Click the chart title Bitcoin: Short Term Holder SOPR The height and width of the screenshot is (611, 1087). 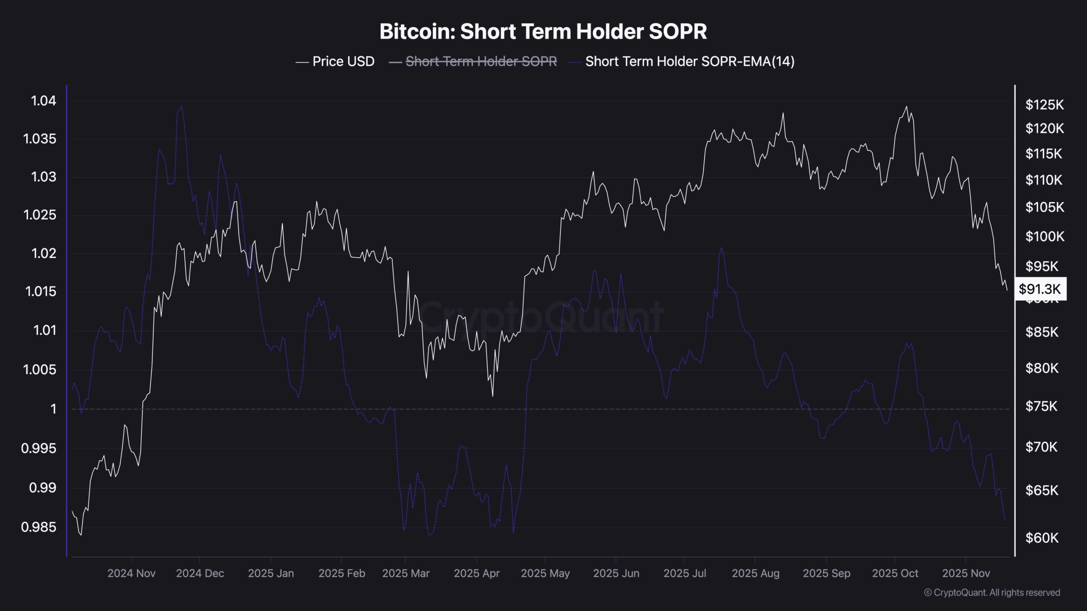point(543,31)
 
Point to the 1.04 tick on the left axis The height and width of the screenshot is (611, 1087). point(43,101)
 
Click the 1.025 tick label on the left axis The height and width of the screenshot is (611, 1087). point(39,215)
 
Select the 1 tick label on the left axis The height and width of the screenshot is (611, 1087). point(53,409)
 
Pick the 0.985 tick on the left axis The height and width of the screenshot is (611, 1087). point(39,527)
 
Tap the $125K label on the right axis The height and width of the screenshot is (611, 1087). point(1045,104)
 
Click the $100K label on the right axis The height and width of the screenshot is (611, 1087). point(1045,236)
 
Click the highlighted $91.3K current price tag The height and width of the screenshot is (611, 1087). point(1040,289)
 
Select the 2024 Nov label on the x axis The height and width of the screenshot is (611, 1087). point(131,573)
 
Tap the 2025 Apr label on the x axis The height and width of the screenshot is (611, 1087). point(476,573)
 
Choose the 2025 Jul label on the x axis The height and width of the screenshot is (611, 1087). point(684,573)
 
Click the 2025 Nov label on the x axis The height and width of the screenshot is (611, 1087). point(966,573)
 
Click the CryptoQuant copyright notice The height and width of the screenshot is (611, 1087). point(992,592)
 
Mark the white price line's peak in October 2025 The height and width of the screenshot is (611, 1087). point(907,107)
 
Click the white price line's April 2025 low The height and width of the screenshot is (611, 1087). point(493,396)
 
